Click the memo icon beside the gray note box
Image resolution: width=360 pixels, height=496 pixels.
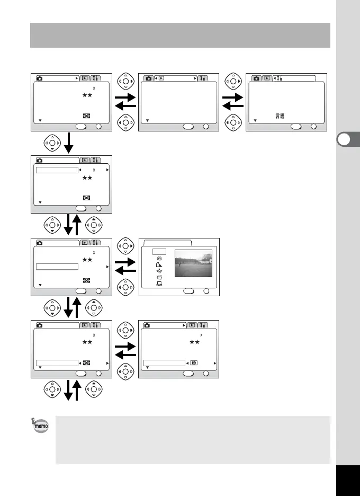pyautogui.click(x=40, y=425)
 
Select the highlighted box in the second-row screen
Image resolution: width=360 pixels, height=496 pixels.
pyautogui.click(x=57, y=170)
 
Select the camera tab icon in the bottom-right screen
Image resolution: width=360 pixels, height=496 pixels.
pyautogui.click(x=148, y=325)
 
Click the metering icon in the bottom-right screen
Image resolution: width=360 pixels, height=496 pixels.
pyautogui.click(x=194, y=363)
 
